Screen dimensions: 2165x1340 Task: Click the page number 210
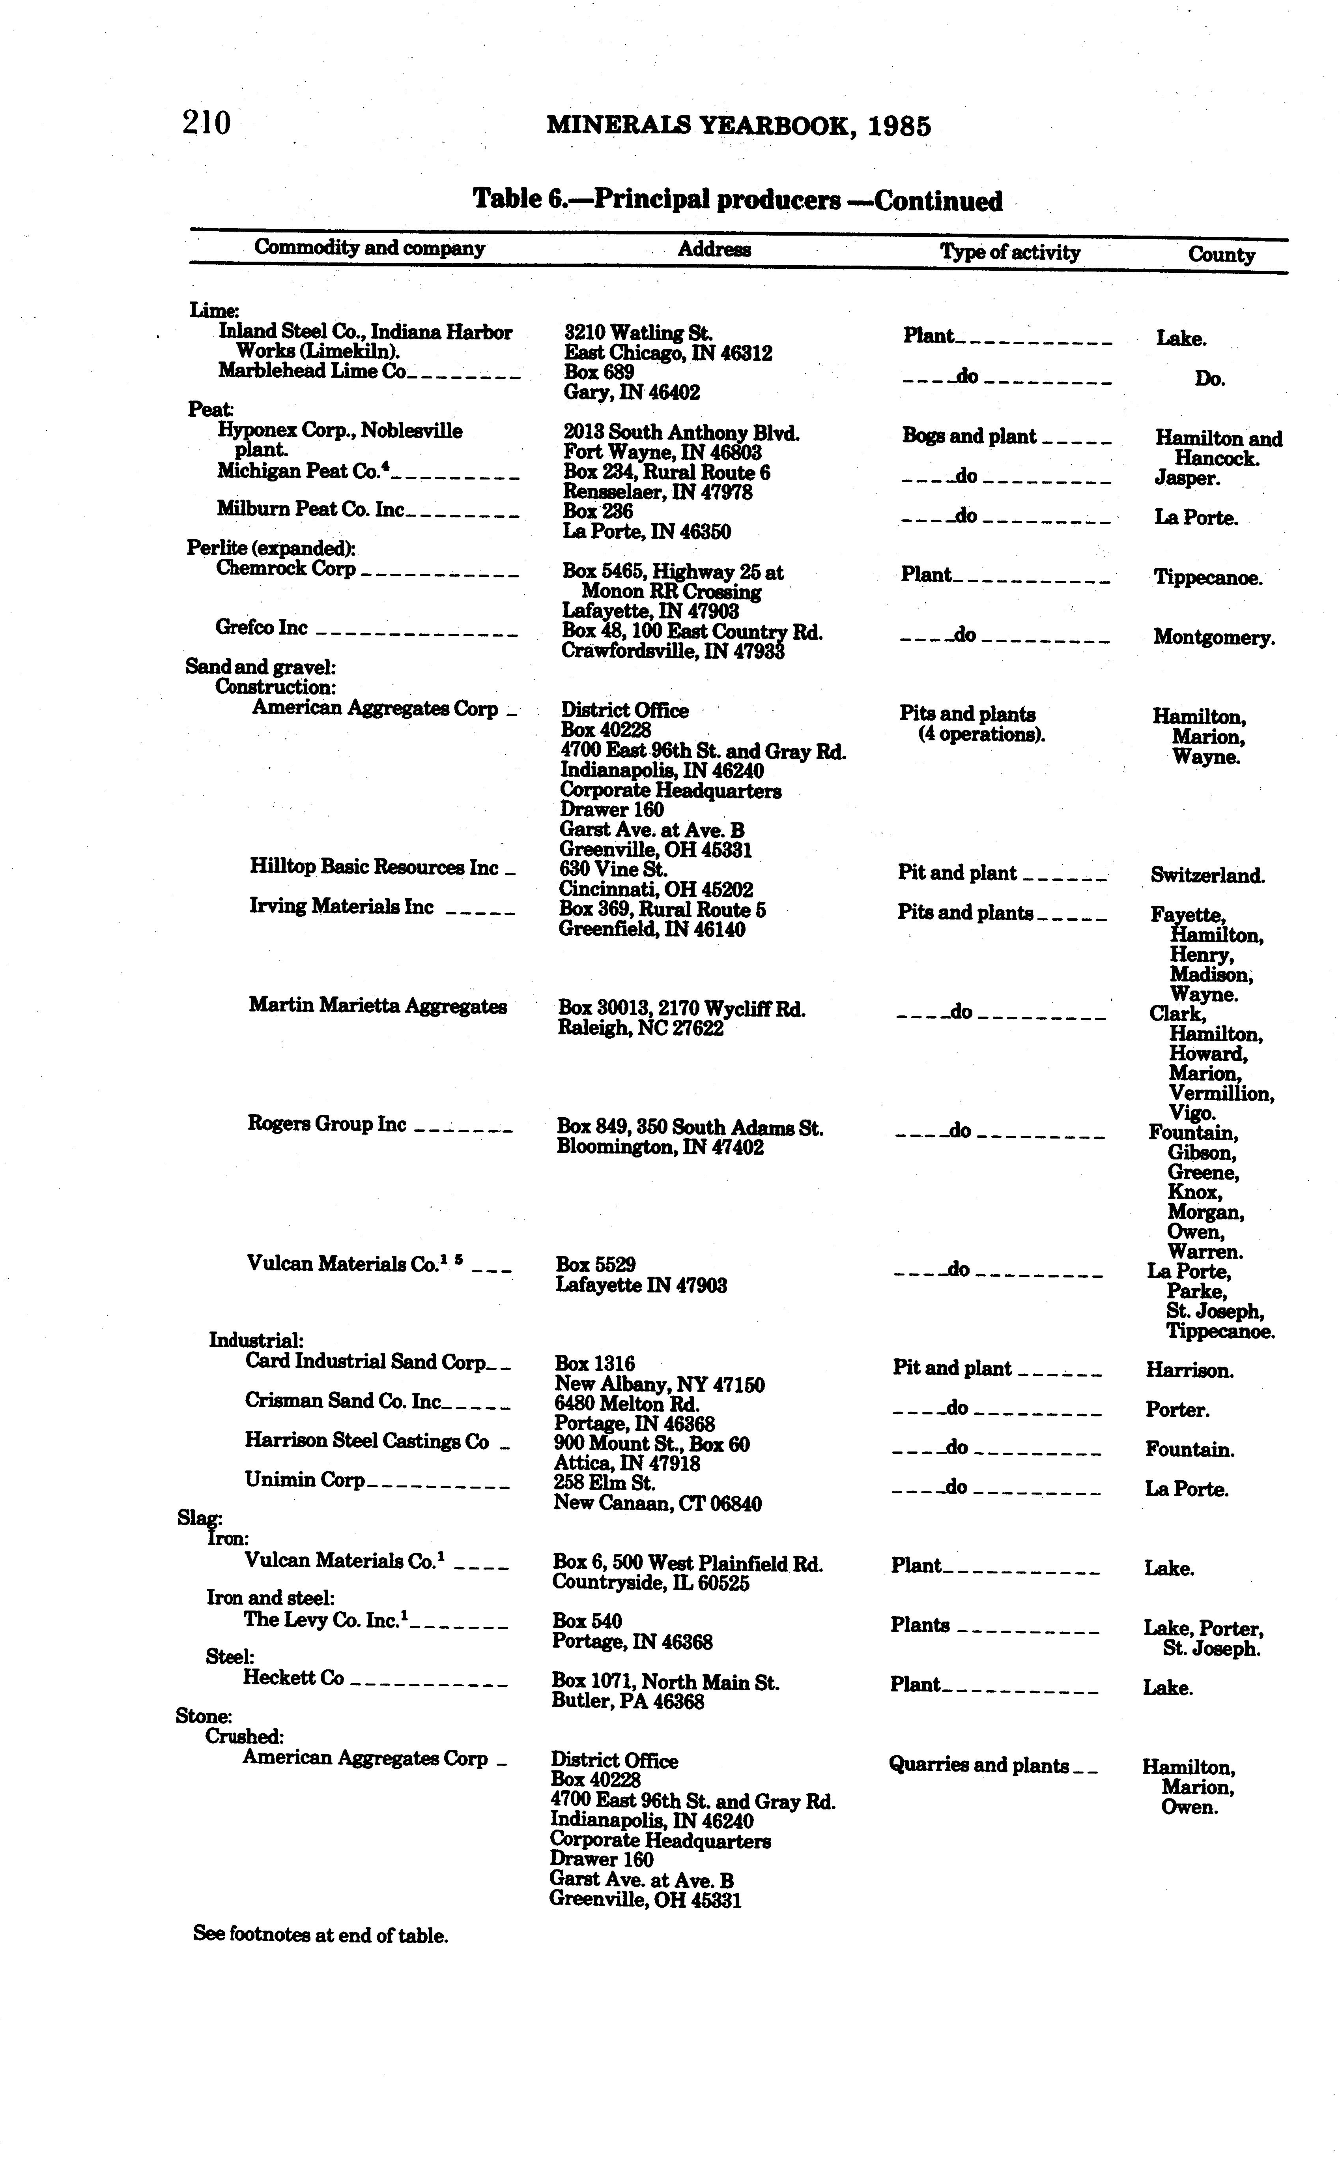[x=206, y=122]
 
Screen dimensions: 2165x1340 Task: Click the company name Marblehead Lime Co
[x=312, y=371]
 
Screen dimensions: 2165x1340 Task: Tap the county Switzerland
[x=1207, y=876]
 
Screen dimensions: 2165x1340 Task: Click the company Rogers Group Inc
[x=326, y=1124]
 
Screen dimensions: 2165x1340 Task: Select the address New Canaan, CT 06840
[x=657, y=1504]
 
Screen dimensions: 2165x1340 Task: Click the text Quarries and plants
[x=978, y=1765]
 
